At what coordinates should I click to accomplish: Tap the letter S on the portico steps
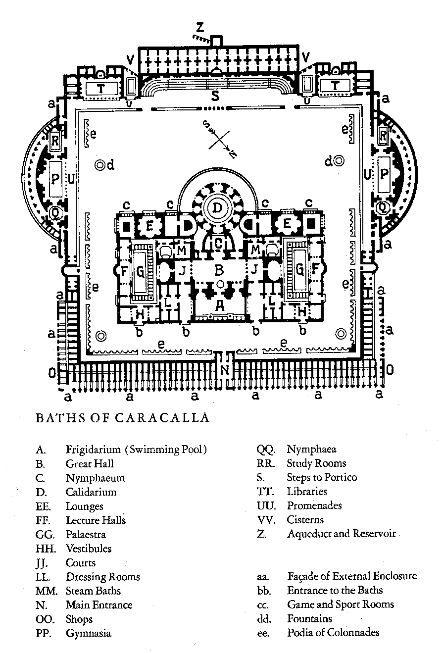click(x=215, y=97)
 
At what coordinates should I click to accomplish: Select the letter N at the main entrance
click(x=225, y=370)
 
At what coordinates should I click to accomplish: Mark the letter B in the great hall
click(x=218, y=270)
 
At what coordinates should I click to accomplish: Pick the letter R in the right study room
click(x=383, y=134)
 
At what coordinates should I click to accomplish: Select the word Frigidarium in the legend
click(x=93, y=450)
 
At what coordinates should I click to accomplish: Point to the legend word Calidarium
click(x=91, y=492)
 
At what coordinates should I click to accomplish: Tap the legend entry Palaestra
click(x=86, y=535)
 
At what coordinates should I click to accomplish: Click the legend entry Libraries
click(x=307, y=492)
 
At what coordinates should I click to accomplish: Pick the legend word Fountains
click(x=309, y=619)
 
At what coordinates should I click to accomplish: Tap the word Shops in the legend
click(x=79, y=619)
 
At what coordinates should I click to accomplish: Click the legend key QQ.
click(x=262, y=450)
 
